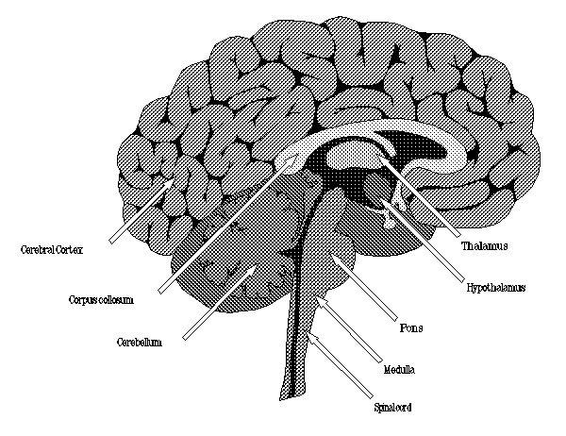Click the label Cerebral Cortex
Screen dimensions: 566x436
(52, 249)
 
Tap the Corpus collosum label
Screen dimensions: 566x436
(101, 300)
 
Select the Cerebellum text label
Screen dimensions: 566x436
(140, 342)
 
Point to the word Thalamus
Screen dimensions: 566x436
(485, 246)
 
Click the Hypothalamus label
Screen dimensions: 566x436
(496, 288)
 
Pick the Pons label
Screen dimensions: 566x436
(411, 328)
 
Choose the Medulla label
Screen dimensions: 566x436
(399, 370)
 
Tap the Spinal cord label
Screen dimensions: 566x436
(392, 408)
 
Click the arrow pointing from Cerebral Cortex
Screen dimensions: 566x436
(141, 211)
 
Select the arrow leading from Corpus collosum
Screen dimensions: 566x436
(226, 226)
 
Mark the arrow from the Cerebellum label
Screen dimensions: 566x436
(220, 303)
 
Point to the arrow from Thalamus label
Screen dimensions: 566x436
(420, 197)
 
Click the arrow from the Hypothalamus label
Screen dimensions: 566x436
(424, 241)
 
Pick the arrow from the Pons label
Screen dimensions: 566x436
(364, 289)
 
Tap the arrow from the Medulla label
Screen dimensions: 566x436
(349, 329)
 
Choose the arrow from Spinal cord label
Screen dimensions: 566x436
(341, 366)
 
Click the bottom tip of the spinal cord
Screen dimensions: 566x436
(280, 399)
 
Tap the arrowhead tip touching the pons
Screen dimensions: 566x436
(332, 258)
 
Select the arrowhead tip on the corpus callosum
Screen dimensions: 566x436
(295, 159)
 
